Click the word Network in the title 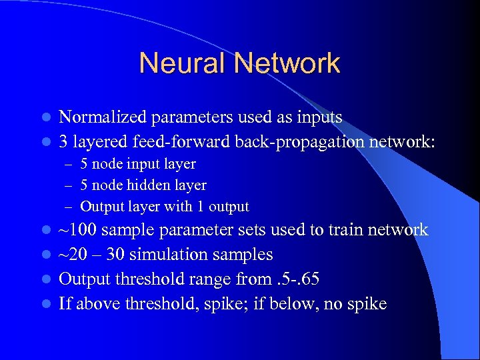(x=287, y=63)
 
